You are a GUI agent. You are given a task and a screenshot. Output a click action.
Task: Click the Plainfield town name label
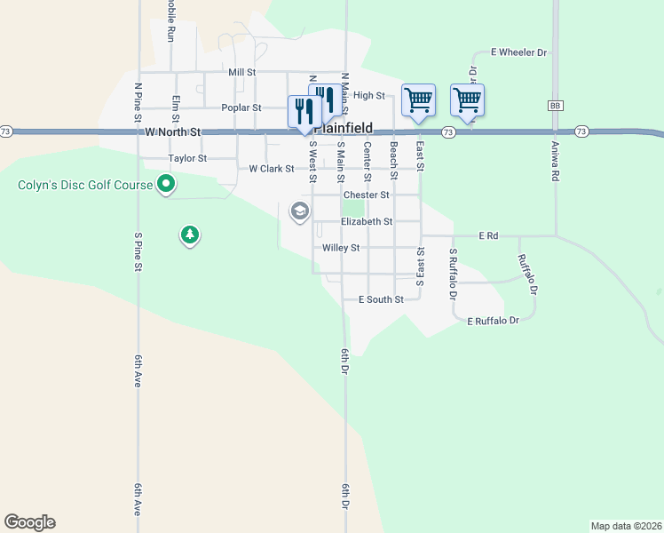pyautogui.click(x=347, y=128)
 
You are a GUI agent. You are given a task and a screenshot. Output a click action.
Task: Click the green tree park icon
pyautogui.click(x=189, y=235)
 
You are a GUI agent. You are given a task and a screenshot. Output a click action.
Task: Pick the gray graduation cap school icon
pyautogui.click(x=299, y=211)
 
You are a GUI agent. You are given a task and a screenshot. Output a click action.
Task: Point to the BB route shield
pyautogui.click(x=557, y=106)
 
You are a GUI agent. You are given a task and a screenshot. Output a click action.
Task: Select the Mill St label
pyautogui.click(x=241, y=72)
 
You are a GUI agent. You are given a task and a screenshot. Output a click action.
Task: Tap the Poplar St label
pyautogui.click(x=241, y=107)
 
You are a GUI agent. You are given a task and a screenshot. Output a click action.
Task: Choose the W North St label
pyautogui.click(x=175, y=131)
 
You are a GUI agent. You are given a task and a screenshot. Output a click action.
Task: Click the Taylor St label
pyautogui.click(x=187, y=158)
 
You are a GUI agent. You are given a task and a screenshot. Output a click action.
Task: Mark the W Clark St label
pyautogui.click(x=272, y=168)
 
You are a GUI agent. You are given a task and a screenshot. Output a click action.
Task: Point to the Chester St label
pyautogui.click(x=367, y=195)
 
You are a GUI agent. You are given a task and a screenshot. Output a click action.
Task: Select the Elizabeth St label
pyautogui.click(x=367, y=221)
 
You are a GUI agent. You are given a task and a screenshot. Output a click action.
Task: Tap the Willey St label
pyautogui.click(x=341, y=248)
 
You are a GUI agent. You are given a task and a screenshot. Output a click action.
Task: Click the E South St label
pyautogui.click(x=381, y=299)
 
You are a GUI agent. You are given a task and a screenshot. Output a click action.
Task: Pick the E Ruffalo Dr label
pyautogui.click(x=493, y=320)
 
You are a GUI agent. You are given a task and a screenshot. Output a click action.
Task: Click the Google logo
pyautogui.click(x=29, y=522)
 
